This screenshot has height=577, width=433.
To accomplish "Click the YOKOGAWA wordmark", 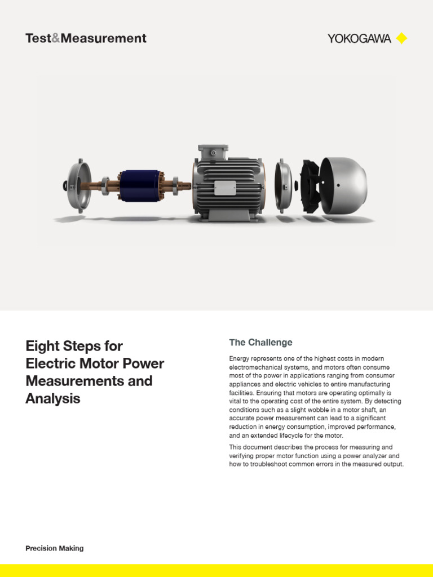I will pyautogui.click(x=359, y=39).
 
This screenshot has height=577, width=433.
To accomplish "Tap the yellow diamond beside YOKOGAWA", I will pyautogui.click(x=401, y=39).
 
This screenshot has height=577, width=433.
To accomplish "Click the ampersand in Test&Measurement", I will pyautogui.click(x=56, y=39).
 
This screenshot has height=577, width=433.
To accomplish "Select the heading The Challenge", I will pyautogui.click(x=260, y=343).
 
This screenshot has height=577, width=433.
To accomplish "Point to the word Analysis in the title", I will pyautogui.click(x=53, y=399).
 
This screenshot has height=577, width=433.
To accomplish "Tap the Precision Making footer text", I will pyautogui.click(x=54, y=548).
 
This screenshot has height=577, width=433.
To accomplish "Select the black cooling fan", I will pyautogui.click(x=310, y=186).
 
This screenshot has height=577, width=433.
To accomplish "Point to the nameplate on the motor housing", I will pyautogui.click(x=224, y=188).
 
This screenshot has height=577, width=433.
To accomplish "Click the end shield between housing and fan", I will pyautogui.click(x=283, y=186).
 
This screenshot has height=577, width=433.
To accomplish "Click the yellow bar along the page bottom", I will pyautogui.click(x=216, y=570).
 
